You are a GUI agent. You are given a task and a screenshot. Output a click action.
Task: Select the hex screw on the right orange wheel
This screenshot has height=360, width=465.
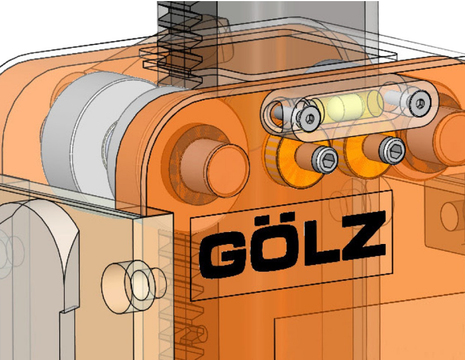click(392, 150)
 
